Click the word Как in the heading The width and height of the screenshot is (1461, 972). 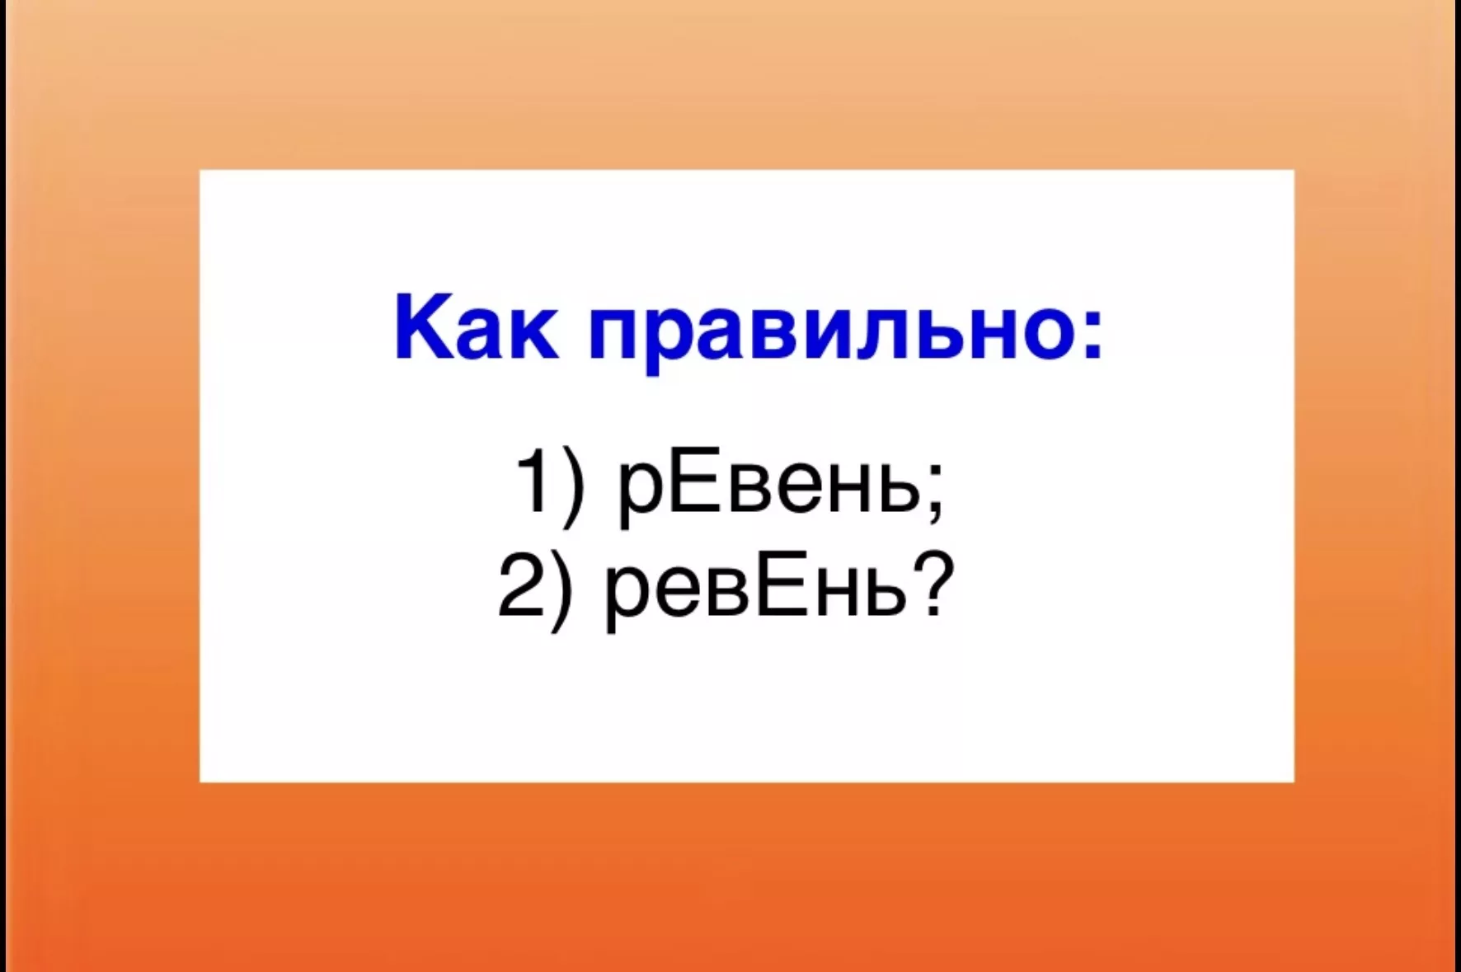point(476,326)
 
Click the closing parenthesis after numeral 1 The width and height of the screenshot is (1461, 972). point(573,486)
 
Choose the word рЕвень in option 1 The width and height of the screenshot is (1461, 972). point(768,487)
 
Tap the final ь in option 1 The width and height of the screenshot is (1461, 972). point(898,489)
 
